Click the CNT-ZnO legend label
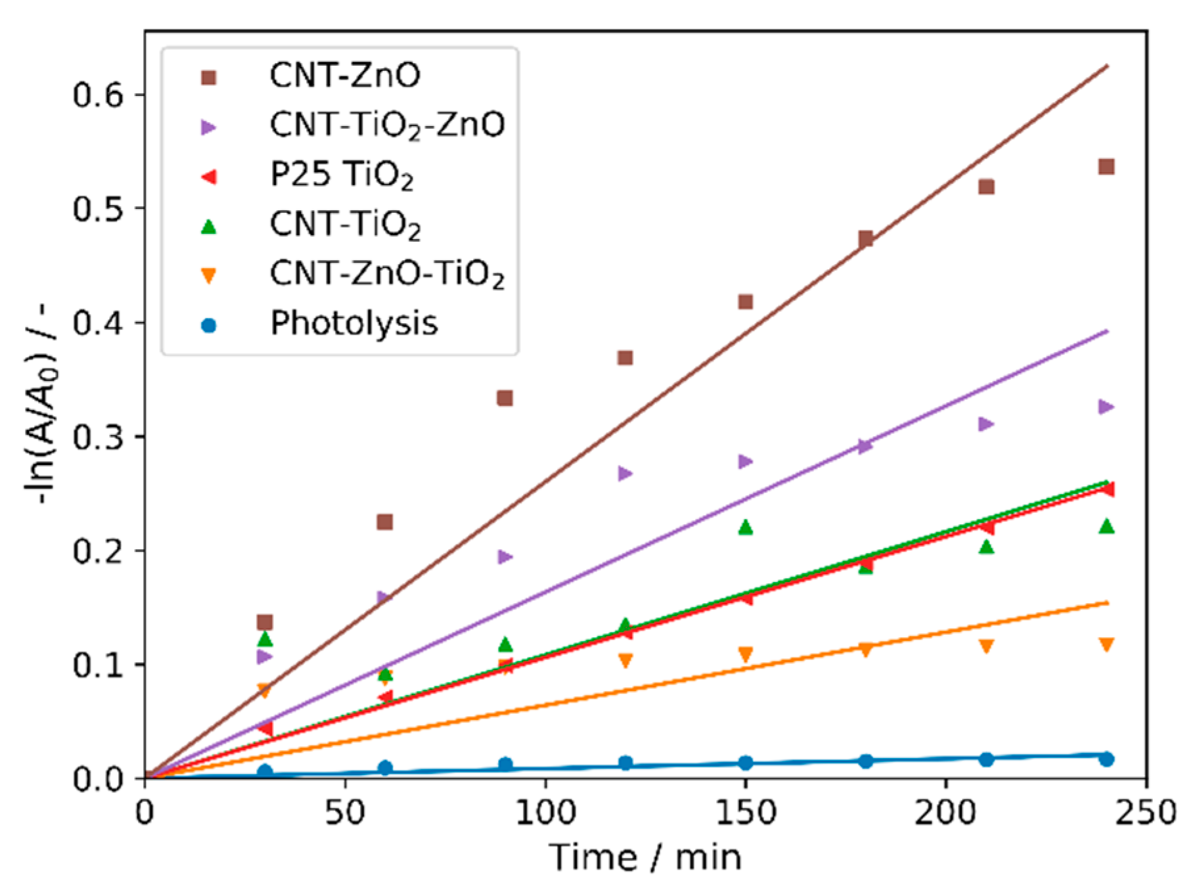(344, 76)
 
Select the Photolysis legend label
(353, 323)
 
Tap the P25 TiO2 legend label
(342, 175)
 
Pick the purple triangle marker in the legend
(208, 127)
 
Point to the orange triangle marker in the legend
(208, 276)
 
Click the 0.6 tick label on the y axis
(98, 95)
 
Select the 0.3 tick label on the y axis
(98, 437)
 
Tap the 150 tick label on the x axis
(745, 813)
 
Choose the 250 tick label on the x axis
(1145, 813)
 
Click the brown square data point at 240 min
(1106, 167)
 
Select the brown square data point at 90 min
(505, 398)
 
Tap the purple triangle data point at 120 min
(625, 474)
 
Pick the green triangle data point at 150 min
(745, 527)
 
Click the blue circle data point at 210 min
(986, 759)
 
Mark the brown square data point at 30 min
(265, 622)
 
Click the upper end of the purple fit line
(1108, 331)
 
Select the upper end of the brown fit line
(1108, 66)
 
